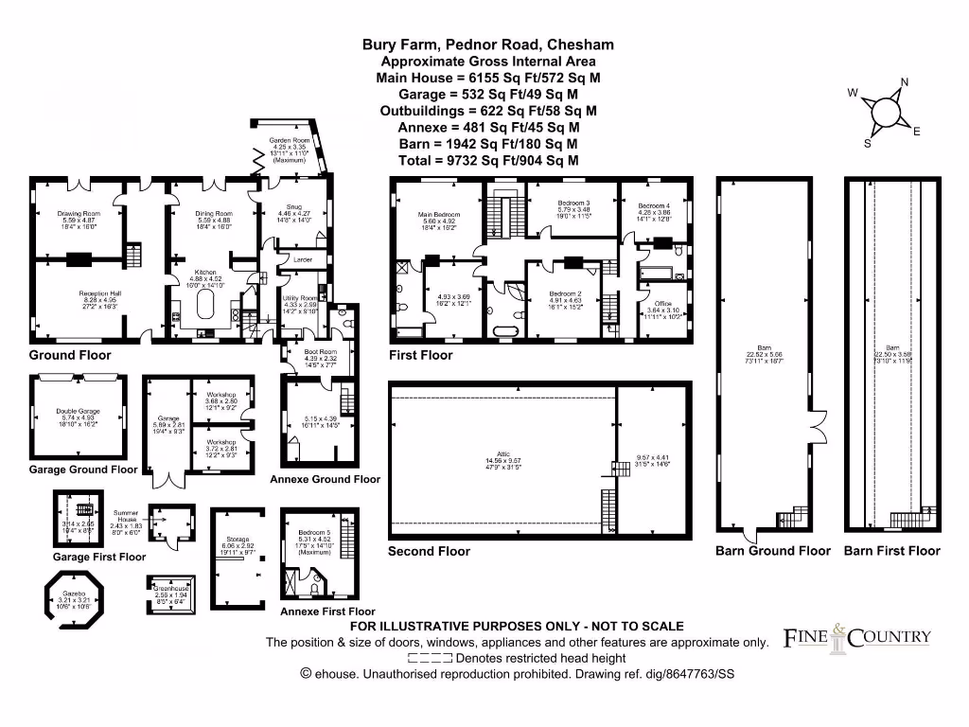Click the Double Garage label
tap(78, 412)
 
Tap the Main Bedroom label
tap(438, 214)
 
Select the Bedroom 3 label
tap(573, 204)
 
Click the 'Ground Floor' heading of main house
tap(69, 356)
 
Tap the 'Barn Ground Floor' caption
tap(773, 551)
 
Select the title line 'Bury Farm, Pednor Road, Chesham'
tap(488, 44)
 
